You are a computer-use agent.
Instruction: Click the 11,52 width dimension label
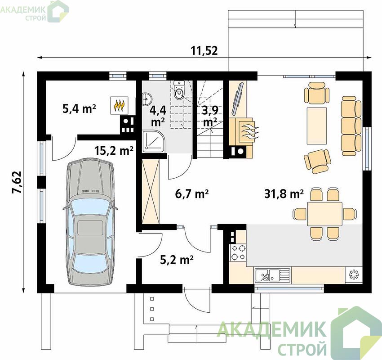coord(204,51)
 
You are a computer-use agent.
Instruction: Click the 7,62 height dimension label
coord(17,182)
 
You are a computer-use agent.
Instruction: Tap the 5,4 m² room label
coord(79,109)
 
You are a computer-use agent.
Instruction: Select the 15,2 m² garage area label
coord(114,151)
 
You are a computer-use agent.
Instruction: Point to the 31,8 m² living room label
coord(284,194)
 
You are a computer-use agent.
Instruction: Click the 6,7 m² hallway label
coord(192,194)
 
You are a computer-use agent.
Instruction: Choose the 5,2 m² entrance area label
coord(177,260)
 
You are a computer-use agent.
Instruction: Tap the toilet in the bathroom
coord(180,91)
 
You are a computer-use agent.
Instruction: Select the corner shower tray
coord(154,141)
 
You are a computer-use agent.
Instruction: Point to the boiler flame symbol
coord(119,105)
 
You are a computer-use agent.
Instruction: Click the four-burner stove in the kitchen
coord(238,252)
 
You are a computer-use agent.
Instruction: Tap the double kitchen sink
coord(273,275)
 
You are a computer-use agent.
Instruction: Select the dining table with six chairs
coord(324,214)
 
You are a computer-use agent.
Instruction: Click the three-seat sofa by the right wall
coord(351,126)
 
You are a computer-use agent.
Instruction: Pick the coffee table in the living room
coord(317,126)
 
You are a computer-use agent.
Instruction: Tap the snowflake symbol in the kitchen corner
coord(354,275)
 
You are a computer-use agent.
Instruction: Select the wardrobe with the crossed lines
coord(151,191)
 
